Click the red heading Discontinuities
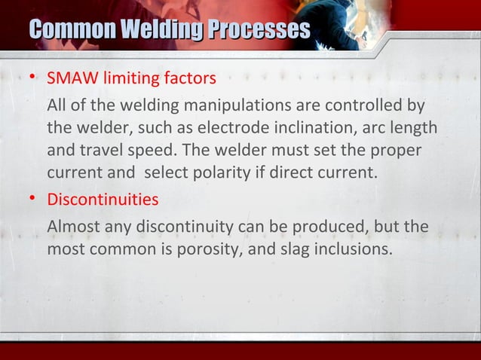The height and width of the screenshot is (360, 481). (x=103, y=201)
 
